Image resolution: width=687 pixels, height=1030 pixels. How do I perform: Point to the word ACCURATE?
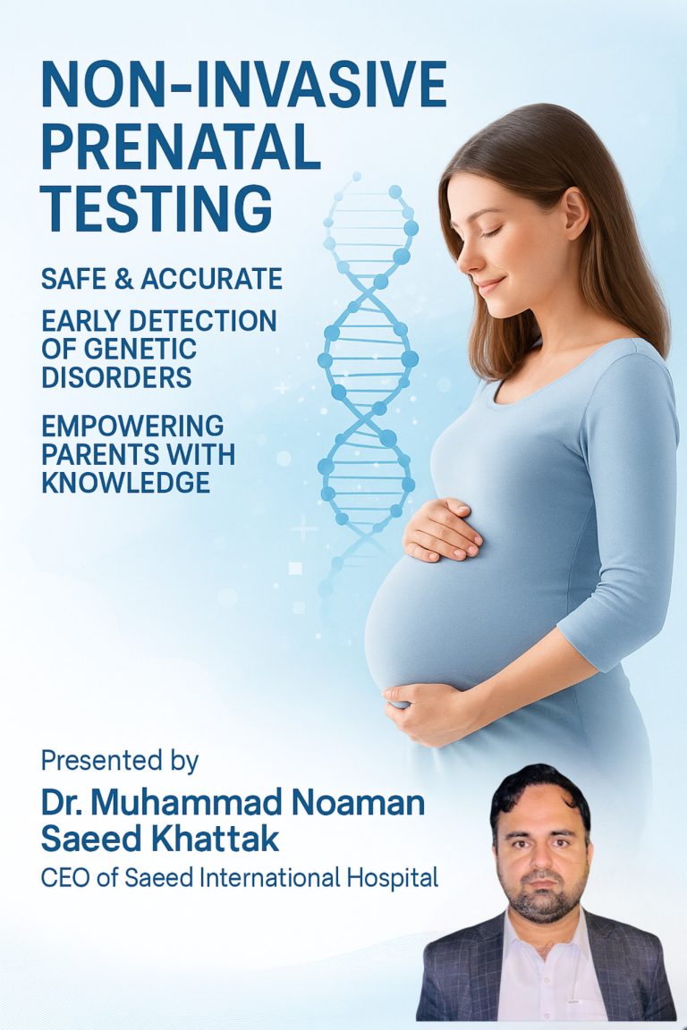point(212,279)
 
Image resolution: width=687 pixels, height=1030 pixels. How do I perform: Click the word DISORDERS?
point(116,377)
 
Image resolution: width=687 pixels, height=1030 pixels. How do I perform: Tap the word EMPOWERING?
point(132,426)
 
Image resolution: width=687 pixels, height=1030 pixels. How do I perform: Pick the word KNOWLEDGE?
point(126,482)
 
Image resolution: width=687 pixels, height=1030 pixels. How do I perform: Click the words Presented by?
point(120,761)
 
